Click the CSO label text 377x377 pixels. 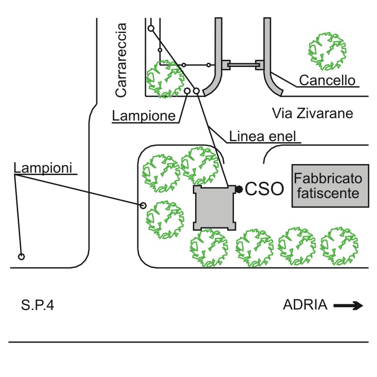tap(265, 189)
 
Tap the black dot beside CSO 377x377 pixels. tap(239, 189)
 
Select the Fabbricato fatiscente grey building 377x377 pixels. tap(331, 186)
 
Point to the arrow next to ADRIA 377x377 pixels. tap(348, 306)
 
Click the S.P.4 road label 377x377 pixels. tap(37, 305)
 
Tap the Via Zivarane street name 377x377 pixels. tap(312, 113)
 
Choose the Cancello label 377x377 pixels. tap(327, 80)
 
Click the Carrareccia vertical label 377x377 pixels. tap(121, 60)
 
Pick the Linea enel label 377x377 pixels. tap(262, 136)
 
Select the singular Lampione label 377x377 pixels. tap(144, 116)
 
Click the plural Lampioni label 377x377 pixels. tap(43, 167)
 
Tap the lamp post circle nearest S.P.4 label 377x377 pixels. tap(22, 256)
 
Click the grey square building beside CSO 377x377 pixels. tap(215, 208)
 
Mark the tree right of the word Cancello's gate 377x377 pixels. tap(327, 51)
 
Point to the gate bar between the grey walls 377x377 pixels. tap(243, 65)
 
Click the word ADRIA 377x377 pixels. tap(305, 305)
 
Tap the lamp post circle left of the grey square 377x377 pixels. tap(143, 206)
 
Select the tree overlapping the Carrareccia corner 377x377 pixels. tap(166, 79)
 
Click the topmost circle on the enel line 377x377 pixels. tap(151, 28)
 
